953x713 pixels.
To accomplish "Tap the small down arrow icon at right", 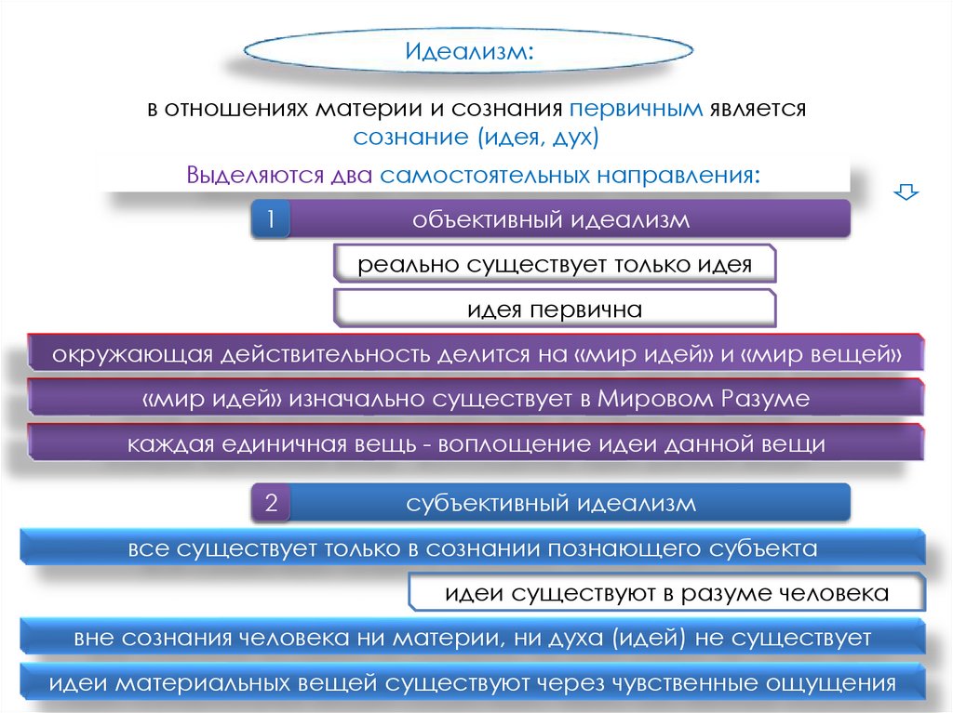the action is coord(905,192).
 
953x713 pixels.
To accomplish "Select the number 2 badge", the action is coord(271,505).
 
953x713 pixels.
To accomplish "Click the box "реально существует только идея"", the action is coord(555,264).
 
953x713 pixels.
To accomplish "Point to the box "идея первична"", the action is coord(555,309).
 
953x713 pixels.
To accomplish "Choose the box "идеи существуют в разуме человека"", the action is coord(666,592).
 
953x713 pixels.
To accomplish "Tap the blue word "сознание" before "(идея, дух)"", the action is coord(409,138).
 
